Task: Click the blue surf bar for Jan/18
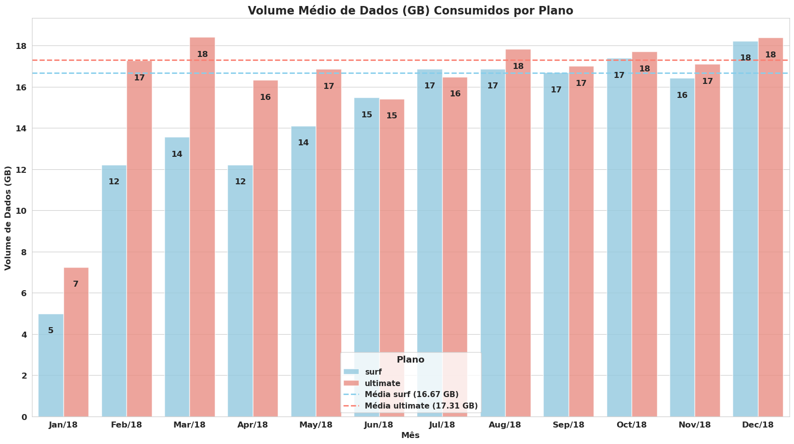click(51, 370)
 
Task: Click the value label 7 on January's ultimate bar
click(75, 284)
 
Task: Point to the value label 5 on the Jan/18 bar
click(51, 331)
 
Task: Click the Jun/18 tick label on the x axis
click(379, 425)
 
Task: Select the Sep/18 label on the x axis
click(569, 425)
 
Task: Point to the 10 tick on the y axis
click(21, 211)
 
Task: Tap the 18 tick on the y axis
click(21, 46)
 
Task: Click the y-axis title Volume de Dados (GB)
click(8, 218)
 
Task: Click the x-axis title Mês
click(410, 436)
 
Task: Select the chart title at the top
click(410, 10)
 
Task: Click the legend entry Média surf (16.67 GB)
click(411, 395)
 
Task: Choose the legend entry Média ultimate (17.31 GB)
click(421, 406)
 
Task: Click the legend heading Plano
click(410, 360)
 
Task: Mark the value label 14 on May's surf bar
click(303, 143)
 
